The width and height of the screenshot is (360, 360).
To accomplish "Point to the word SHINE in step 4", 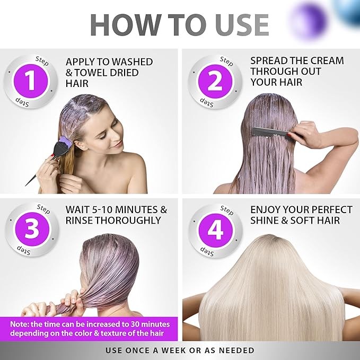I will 267,221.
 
